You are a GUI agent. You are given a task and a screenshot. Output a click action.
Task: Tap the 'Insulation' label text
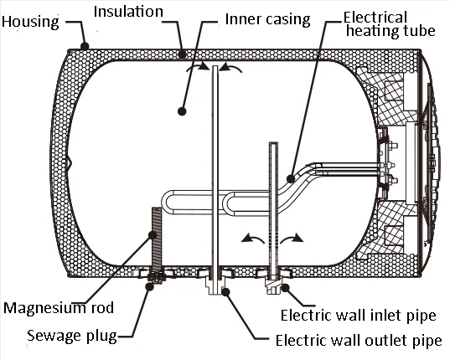130,13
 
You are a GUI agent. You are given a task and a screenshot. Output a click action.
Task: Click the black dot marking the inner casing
184,110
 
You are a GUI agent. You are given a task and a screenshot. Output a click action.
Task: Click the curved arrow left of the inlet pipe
249,239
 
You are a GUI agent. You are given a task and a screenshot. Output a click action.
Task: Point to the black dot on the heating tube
290,177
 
